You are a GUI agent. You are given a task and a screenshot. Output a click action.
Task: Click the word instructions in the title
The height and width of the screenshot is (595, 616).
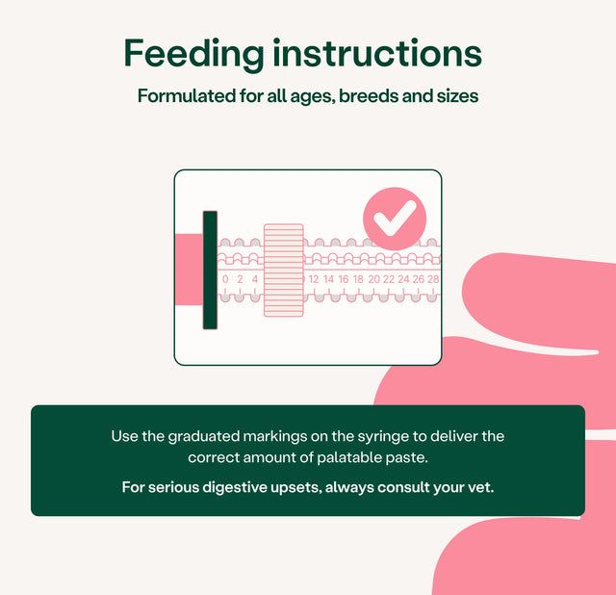[377, 53]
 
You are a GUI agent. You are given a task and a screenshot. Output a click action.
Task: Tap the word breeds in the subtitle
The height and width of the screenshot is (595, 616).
[368, 96]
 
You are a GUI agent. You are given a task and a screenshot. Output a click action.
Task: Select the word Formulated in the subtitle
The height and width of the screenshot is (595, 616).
[187, 96]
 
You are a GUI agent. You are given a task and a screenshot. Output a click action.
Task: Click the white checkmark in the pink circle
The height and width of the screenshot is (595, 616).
[395, 218]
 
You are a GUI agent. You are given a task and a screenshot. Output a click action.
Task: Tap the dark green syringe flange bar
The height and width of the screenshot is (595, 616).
[210, 270]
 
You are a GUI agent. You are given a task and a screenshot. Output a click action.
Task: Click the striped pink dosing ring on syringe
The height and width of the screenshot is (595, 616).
[284, 270]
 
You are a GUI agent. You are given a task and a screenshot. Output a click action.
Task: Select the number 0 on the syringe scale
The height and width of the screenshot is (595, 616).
[225, 279]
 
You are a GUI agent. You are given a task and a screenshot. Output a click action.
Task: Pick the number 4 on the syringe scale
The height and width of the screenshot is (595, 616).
[255, 279]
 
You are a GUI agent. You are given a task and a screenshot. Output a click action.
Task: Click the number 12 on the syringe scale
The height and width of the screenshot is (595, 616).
[314, 279]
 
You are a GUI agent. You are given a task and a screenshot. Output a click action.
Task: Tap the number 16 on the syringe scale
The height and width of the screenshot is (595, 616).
[344, 279]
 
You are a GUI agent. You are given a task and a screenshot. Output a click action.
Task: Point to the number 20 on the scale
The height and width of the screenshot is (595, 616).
[374, 279]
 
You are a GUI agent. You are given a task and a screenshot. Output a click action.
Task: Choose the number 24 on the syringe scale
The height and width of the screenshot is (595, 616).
[403, 279]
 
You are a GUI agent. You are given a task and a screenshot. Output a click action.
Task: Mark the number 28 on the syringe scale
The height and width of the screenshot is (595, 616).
[433, 279]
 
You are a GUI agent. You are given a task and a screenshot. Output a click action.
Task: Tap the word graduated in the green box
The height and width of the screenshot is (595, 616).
[203, 437]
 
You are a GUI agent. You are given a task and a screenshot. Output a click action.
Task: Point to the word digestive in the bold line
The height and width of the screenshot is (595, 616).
[229, 488]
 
